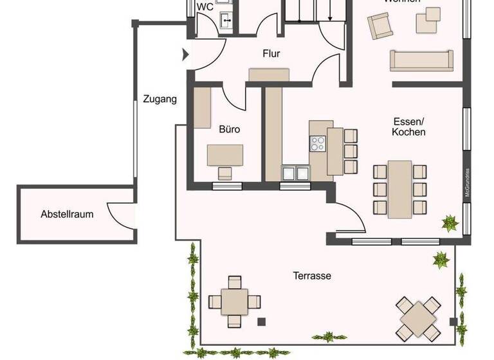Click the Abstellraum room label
click(67, 214)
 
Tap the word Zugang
click(160, 99)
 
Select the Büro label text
click(229, 129)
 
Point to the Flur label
click(271, 54)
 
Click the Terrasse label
click(312, 276)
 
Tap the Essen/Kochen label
click(409, 126)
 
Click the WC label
click(205, 7)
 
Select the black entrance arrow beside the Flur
click(186, 55)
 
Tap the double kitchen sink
click(296, 172)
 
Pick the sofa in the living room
click(423, 60)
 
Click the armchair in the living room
click(380, 27)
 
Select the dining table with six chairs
click(400, 188)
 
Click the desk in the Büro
click(225, 155)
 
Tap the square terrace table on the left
click(234, 300)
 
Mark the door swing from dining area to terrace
click(351, 219)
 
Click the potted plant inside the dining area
click(449, 223)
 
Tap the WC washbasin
click(226, 21)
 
